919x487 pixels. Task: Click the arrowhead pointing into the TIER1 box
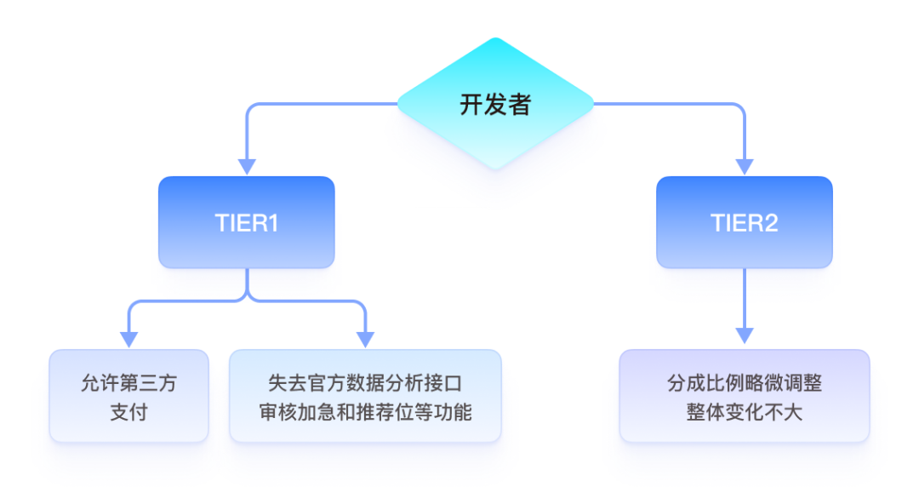247,167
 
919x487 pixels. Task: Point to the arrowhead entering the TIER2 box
745,167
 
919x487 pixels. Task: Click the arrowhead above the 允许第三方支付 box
128,339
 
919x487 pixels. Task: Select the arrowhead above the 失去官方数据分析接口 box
365,339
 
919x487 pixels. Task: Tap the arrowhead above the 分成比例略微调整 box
745,339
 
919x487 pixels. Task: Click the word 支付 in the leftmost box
128,412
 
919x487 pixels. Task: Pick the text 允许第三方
128,383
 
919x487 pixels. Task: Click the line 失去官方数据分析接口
365,383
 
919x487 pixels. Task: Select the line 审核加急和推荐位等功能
365,412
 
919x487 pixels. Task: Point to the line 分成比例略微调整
745,383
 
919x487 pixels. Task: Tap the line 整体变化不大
745,412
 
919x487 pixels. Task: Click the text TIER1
247,223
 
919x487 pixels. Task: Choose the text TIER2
745,223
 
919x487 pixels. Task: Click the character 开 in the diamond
471,105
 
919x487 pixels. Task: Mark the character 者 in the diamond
519,105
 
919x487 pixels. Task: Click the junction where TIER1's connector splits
247,298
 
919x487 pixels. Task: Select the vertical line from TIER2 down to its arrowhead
745,298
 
